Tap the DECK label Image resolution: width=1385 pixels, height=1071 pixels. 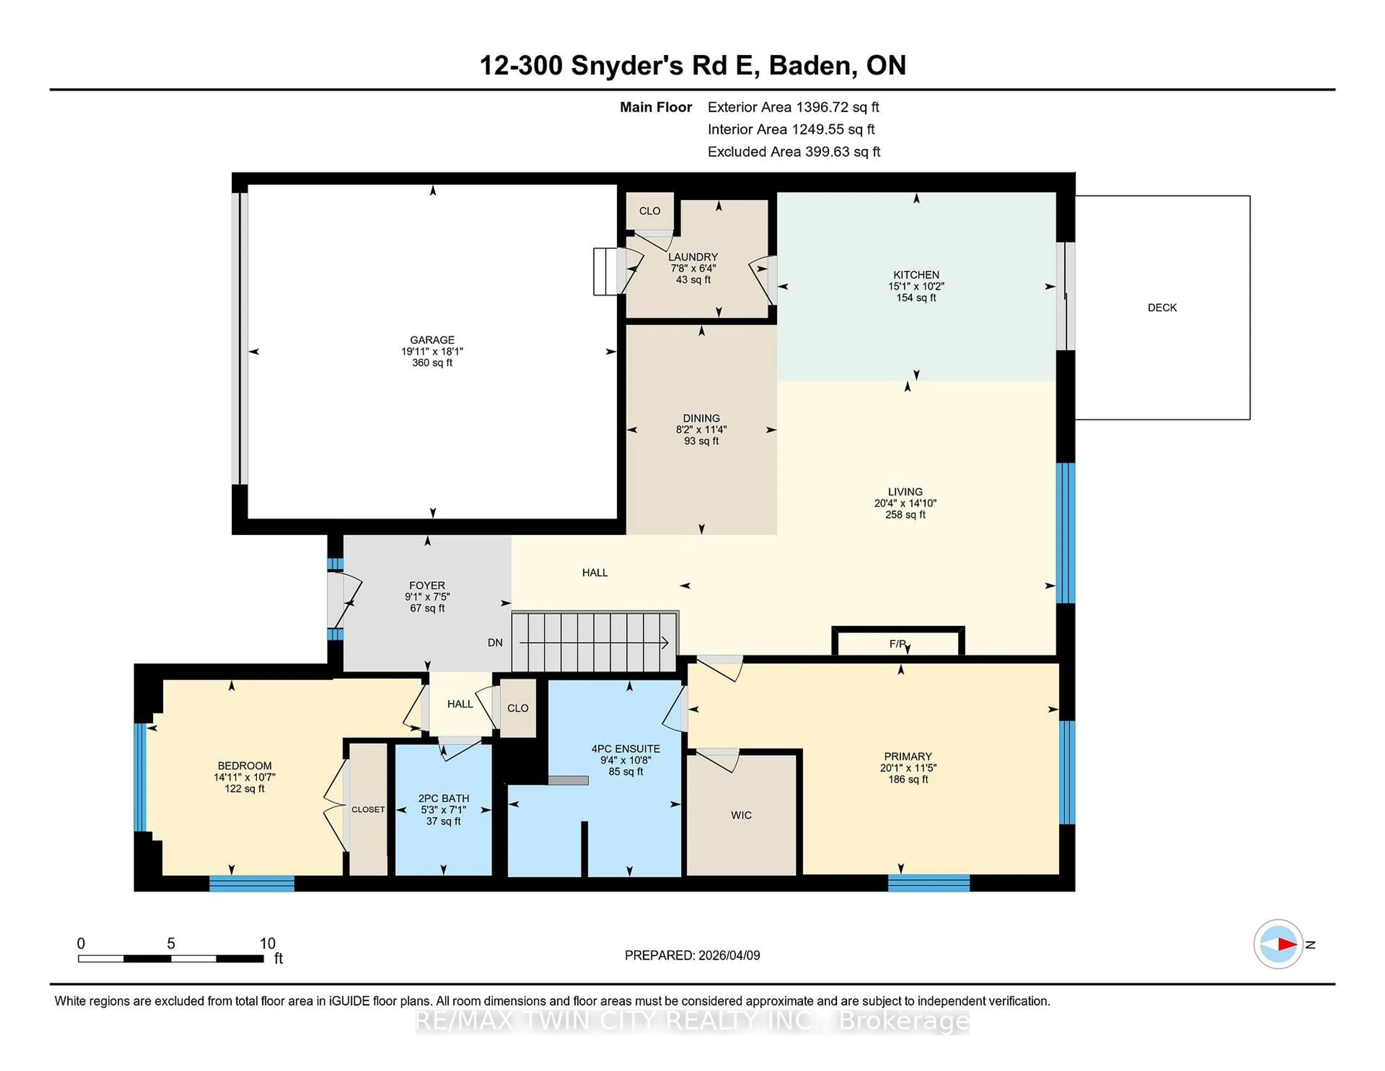pos(1162,308)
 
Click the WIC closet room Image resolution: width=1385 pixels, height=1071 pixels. pos(741,815)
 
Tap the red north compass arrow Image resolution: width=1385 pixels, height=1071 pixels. pos(1286,944)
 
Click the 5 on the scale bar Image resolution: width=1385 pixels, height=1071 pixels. pos(171,944)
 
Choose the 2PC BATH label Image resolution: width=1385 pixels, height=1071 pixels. pos(443,798)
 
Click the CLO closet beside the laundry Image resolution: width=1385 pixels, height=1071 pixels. pos(649,211)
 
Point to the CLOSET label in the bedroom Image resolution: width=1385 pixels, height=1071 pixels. pos(368,810)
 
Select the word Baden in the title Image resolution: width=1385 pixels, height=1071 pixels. pos(809,65)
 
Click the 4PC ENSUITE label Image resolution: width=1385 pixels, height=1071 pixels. pos(625,749)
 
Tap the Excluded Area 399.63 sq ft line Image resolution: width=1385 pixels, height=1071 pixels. pos(793,152)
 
